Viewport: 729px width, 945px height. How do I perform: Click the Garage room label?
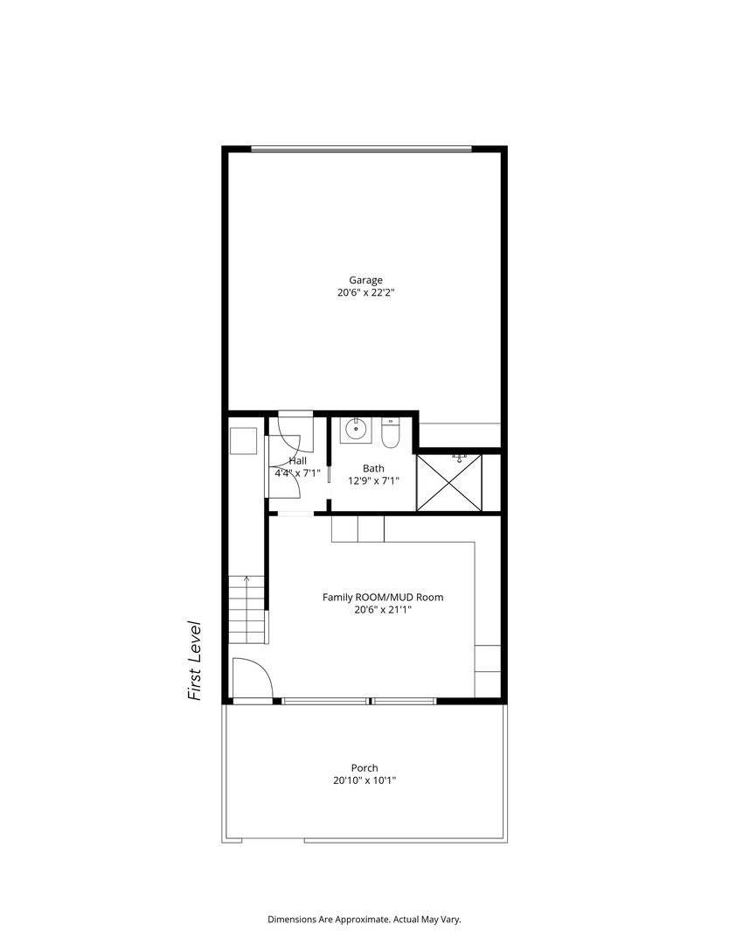point(365,281)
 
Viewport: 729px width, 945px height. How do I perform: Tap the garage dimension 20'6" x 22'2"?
point(365,295)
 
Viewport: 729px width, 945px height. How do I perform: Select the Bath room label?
point(373,468)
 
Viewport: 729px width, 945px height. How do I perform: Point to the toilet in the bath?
point(390,433)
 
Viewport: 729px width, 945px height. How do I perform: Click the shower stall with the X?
point(449,481)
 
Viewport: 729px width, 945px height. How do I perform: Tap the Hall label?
point(298,460)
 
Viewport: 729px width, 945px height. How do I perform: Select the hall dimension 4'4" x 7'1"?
point(298,473)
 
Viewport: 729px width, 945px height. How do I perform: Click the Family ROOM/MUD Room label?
point(383,598)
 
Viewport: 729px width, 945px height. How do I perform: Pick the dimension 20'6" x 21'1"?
point(383,611)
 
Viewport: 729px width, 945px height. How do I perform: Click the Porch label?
point(364,768)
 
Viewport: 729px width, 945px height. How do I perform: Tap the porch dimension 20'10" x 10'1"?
point(364,781)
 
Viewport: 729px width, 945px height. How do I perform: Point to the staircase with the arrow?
point(246,609)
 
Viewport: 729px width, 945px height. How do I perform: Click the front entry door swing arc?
point(253,678)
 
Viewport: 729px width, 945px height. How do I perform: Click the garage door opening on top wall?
point(361,149)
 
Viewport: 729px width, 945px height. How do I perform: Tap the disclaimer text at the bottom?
point(364,920)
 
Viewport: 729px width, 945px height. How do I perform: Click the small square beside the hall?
point(243,441)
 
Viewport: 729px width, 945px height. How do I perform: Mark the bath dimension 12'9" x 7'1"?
point(373,480)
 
